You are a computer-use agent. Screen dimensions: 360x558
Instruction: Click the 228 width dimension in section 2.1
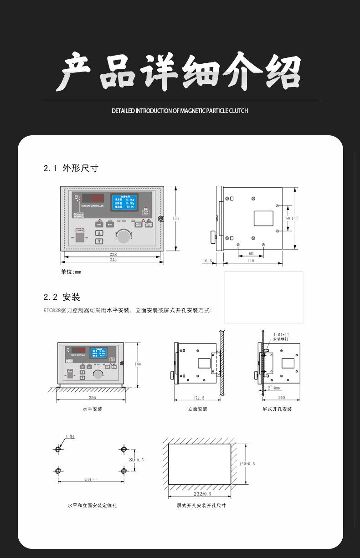tap(113, 255)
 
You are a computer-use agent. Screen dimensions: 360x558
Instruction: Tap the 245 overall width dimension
tap(113, 260)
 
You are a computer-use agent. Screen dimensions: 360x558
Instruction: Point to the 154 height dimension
tap(175, 219)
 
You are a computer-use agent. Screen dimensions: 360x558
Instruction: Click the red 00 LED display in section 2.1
tap(97, 198)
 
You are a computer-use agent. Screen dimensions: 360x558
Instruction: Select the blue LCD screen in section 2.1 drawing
tap(124, 202)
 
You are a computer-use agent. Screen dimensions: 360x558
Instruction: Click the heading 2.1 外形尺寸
tap(71, 168)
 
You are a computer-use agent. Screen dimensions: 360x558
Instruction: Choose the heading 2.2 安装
tap(62, 297)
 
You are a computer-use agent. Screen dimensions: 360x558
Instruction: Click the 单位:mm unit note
tap(71, 272)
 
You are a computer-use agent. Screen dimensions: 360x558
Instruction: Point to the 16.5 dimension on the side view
tap(207, 261)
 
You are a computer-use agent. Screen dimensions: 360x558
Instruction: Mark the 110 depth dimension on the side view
tap(251, 261)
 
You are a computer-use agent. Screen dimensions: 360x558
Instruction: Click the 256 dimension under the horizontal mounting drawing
tap(93, 398)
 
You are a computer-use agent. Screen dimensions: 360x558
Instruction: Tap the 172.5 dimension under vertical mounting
tap(199, 398)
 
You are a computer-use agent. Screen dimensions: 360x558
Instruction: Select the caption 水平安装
tap(93, 409)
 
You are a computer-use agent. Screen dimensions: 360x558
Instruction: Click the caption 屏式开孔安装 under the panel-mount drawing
tap(277, 409)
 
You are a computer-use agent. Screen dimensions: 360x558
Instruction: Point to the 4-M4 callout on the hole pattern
tap(70, 436)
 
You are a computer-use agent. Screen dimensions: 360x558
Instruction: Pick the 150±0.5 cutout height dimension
tap(247, 464)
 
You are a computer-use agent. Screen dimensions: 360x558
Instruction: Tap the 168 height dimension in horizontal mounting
tap(138, 364)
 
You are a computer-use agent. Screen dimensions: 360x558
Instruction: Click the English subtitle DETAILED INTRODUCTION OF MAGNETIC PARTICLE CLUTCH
tap(180, 111)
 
